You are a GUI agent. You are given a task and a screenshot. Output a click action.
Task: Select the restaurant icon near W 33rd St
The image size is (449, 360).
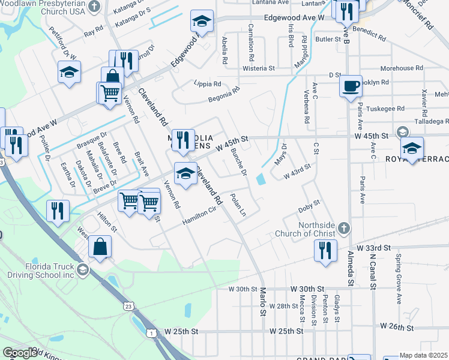pyautogui.click(x=325, y=251)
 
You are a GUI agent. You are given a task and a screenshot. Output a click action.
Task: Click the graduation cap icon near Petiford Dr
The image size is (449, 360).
pyautogui.click(x=70, y=73)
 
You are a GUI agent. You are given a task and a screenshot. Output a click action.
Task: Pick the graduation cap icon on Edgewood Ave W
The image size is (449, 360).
pyautogui.click(x=202, y=22)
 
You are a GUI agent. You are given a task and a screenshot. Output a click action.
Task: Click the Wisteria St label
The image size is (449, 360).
pyautogui.click(x=258, y=68)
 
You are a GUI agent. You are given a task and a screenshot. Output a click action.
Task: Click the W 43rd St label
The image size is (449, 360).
pyautogui.click(x=298, y=171)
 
